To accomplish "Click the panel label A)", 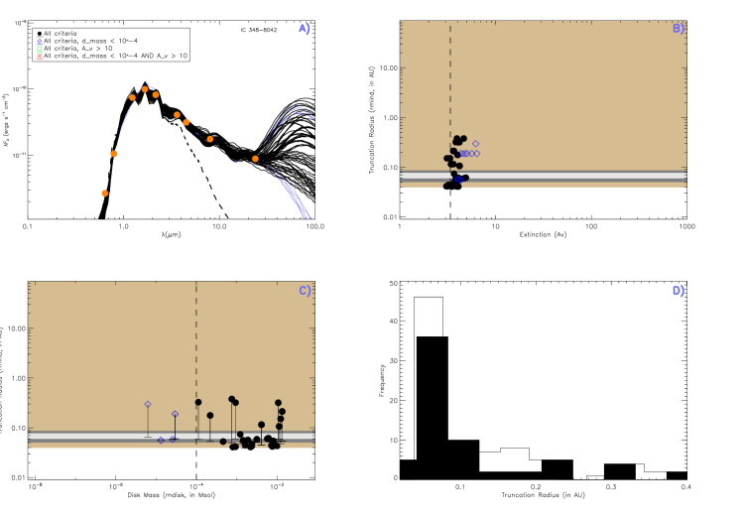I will [305, 28].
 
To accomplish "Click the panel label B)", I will [679, 28].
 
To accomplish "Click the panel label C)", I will [305, 291].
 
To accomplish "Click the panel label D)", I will [679, 291].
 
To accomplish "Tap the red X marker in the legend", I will [40, 57].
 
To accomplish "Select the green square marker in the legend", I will [40, 49].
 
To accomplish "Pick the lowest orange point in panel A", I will [104, 194].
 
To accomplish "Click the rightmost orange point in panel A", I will [255, 159].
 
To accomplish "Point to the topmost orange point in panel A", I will [145, 89].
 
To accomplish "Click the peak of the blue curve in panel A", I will [146, 83].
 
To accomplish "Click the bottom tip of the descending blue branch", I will [309, 216].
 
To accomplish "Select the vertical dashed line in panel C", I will [196, 337].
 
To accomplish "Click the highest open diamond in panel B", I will [475, 144].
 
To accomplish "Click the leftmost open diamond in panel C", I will [148, 404].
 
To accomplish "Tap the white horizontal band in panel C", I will [99, 436].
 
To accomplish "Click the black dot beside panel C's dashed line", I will [198, 402].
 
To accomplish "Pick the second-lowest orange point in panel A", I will [114, 154].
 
